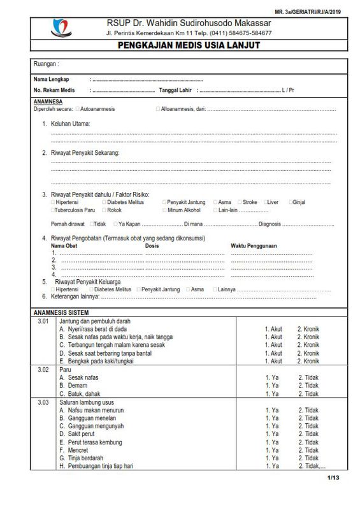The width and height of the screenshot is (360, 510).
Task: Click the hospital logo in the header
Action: coord(61,27)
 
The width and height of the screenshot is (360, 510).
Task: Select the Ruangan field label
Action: coord(46,64)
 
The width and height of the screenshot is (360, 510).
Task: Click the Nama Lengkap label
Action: coord(51,79)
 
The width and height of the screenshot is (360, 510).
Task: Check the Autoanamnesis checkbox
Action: coord(78,109)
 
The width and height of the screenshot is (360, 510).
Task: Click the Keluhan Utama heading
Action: coord(70,123)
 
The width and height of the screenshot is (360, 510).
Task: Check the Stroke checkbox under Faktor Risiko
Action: coord(239,202)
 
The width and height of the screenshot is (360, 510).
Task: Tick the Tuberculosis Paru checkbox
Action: coord(53,210)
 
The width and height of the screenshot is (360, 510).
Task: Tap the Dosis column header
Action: coord(152,245)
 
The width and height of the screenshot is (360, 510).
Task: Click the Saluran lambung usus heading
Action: coord(86,402)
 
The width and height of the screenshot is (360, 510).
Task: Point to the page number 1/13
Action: coord(333,477)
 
